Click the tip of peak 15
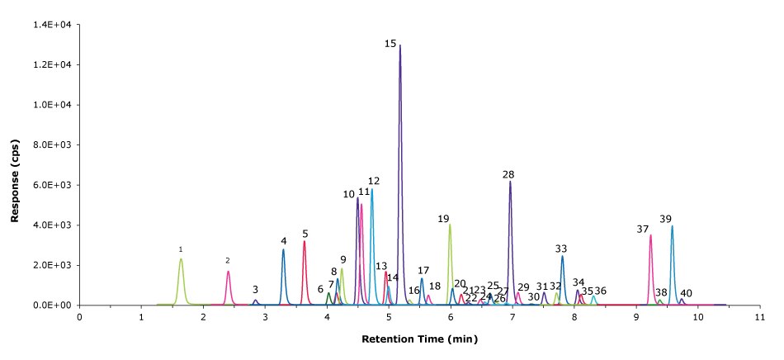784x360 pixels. [x=400, y=45]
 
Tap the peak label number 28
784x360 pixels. [x=508, y=175]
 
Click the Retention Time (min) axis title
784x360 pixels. [x=419, y=339]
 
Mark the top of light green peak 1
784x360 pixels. [x=181, y=259]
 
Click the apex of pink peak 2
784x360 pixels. [x=228, y=272]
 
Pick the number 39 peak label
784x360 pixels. [x=666, y=219]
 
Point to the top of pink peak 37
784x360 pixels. [x=650, y=235]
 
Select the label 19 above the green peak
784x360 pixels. [x=443, y=219]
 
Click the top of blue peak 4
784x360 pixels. [x=283, y=249]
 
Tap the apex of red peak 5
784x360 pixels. [x=305, y=241]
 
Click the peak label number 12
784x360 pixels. [x=374, y=181]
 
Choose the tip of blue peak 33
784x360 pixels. [x=562, y=256]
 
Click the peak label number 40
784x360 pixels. [x=687, y=293]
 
